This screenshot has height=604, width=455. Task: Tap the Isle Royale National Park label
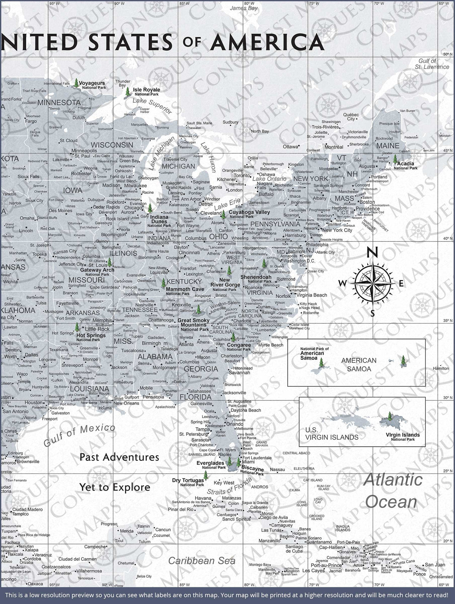(x=146, y=91)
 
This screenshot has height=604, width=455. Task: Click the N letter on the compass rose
(x=373, y=252)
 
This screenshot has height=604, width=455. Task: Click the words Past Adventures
(x=119, y=457)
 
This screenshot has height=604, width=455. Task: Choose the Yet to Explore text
(x=115, y=487)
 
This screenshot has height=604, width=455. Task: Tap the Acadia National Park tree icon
(x=395, y=158)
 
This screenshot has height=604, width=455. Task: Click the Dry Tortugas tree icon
(x=206, y=475)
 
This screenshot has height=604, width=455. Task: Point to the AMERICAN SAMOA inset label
(x=358, y=364)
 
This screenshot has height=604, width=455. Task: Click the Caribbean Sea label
(x=202, y=560)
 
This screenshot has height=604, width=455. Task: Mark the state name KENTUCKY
(x=184, y=282)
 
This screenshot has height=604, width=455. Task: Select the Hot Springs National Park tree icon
(x=77, y=327)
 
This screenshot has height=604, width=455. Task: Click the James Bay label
(x=244, y=8)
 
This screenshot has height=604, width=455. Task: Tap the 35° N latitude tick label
(x=447, y=321)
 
